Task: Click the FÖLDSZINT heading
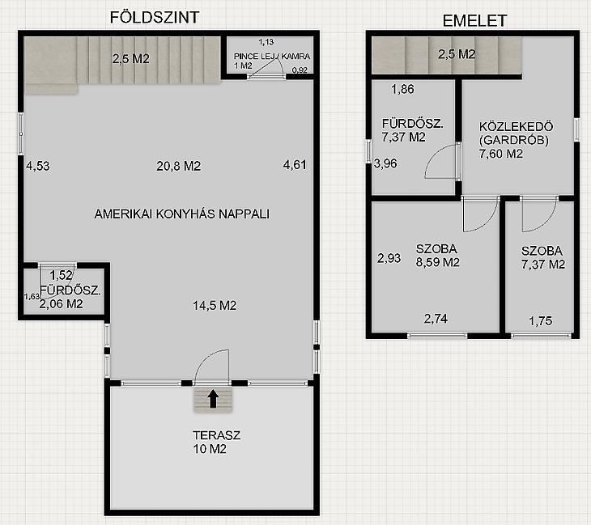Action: (x=154, y=17)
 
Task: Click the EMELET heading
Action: (x=474, y=21)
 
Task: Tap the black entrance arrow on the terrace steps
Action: (x=214, y=399)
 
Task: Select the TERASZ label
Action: (x=216, y=435)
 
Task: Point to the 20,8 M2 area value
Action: (x=179, y=166)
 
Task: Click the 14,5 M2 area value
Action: (x=215, y=305)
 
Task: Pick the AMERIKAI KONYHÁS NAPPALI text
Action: (x=182, y=214)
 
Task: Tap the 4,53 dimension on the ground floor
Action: (x=38, y=166)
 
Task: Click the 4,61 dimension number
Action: (x=295, y=164)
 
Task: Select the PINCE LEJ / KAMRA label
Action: (x=272, y=56)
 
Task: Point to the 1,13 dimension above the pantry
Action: (x=266, y=42)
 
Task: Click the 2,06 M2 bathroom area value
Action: (x=61, y=304)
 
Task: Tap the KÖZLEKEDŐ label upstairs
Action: (x=516, y=126)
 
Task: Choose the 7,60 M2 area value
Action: (x=501, y=154)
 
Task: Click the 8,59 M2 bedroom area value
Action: (x=438, y=262)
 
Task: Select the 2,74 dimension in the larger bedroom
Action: (x=436, y=319)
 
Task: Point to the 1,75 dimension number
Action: (x=541, y=321)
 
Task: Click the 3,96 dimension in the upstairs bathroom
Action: (x=385, y=163)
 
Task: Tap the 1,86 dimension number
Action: (x=402, y=89)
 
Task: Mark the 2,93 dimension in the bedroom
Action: (x=389, y=258)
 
